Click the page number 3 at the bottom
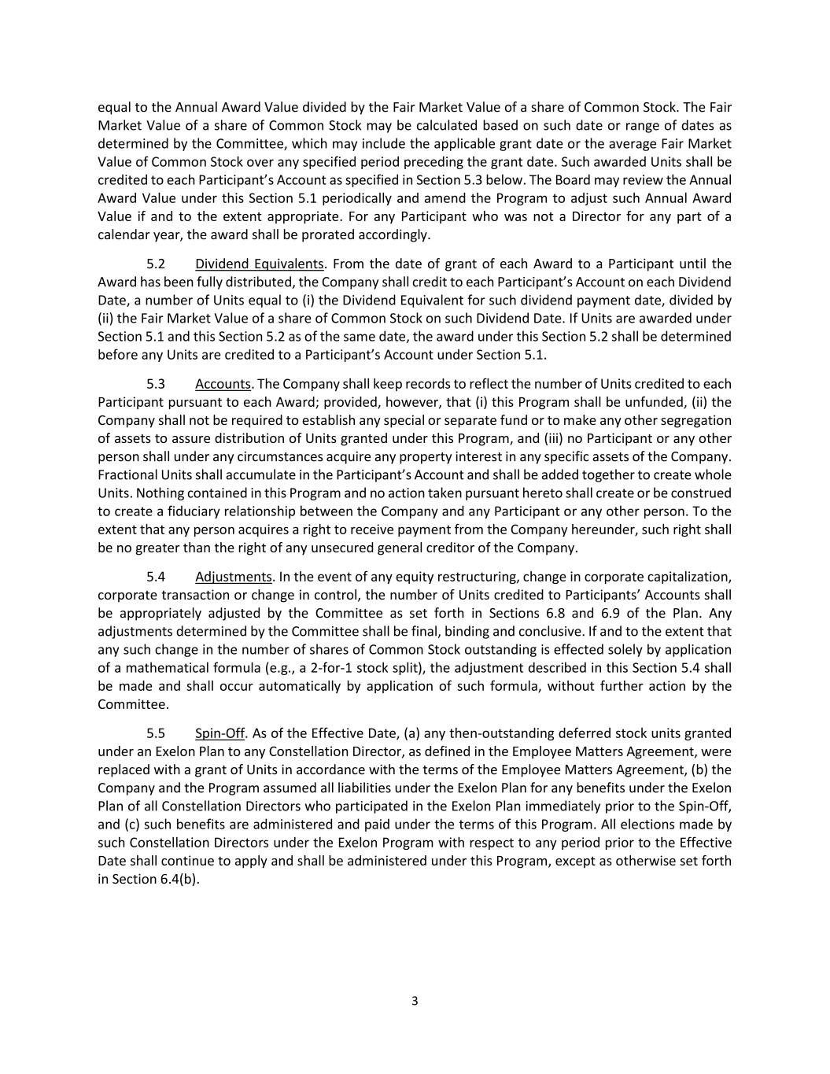pyautogui.click(x=415, y=1001)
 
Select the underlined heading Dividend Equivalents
pyautogui.click(x=260, y=264)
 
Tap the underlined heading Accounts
pyautogui.click(x=223, y=384)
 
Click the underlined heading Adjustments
pyautogui.click(x=234, y=577)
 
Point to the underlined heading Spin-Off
pyautogui.click(x=219, y=733)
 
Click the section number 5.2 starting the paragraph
pyautogui.click(x=156, y=264)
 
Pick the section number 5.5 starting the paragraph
pyautogui.click(x=156, y=733)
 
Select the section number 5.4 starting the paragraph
pyautogui.click(x=156, y=577)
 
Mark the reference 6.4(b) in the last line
pyautogui.click(x=178, y=879)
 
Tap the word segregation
pyautogui.click(x=695, y=420)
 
